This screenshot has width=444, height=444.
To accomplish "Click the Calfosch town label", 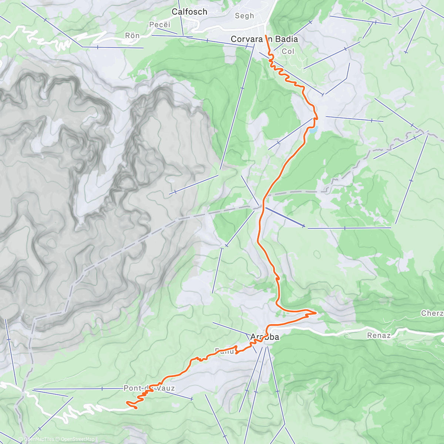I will coord(189,12).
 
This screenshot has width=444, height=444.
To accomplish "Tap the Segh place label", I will coord(245,16).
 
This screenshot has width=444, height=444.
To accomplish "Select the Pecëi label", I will coord(160,25).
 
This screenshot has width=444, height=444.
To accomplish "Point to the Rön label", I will coord(132,36).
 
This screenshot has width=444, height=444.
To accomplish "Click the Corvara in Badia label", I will coord(264,39).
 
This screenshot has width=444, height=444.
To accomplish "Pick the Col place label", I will coord(288,51).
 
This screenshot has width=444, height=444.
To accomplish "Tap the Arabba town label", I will coord(265,337).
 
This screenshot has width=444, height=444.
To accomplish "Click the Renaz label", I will coord(379,336).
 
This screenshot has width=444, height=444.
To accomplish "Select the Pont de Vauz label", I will coord(149,388).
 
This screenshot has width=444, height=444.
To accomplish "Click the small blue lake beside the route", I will coord(313,129).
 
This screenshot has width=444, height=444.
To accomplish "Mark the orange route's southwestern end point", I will coord(136,408).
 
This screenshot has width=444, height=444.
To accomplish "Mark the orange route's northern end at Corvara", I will coord(266,35).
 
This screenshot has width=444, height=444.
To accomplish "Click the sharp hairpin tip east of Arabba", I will coord(316,313).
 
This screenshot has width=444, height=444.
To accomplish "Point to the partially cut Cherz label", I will coord(432,313).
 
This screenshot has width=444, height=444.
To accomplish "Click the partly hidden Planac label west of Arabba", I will coord(224,351).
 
